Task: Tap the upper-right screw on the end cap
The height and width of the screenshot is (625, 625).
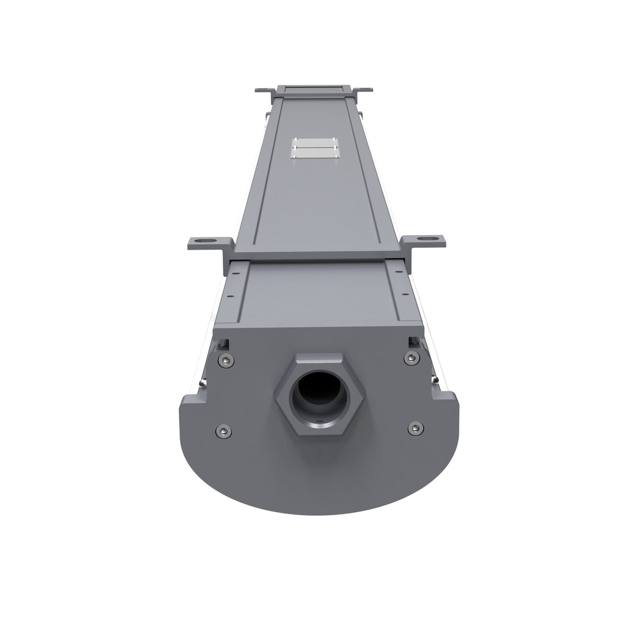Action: point(412,357)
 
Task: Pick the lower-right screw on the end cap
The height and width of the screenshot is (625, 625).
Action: point(416,428)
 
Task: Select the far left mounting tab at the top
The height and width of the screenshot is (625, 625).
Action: point(263,90)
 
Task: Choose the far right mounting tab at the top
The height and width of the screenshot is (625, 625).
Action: point(364,90)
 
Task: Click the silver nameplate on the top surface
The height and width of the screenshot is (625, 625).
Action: point(314,147)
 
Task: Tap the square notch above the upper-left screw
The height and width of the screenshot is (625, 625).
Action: point(225,341)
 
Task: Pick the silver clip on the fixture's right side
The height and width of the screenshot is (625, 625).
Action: point(435,380)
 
